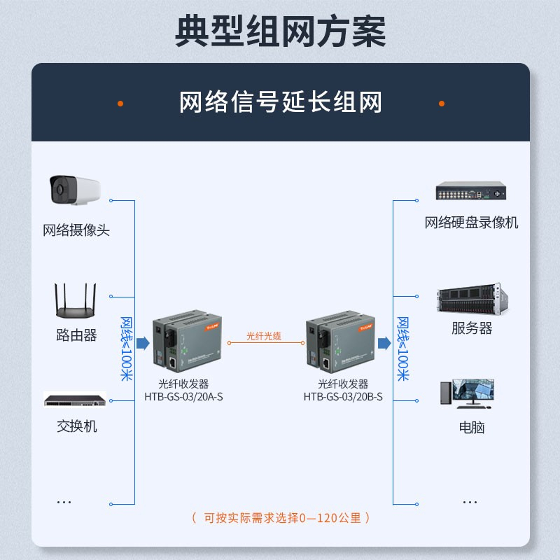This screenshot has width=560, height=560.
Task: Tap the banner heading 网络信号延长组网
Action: [x=280, y=103]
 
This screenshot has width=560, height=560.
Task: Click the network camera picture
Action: [x=73, y=190]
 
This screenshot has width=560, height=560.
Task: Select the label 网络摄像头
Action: [x=76, y=230]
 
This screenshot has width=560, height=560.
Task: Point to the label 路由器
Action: [x=76, y=335]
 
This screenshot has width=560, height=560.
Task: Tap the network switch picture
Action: [x=75, y=400]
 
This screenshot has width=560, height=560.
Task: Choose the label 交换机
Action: [x=76, y=426]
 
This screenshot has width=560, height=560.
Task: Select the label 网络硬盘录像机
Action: [x=471, y=223]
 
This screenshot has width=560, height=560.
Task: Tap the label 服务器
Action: [x=471, y=328]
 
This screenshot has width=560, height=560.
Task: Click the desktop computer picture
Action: [x=467, y=393]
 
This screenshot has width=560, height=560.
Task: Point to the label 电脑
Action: [x=471, y=427]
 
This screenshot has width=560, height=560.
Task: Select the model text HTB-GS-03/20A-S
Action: [x=183, y=397]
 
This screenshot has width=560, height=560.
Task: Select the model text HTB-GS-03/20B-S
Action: [x=343, y=397]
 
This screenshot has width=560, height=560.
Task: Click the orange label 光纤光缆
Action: [x=264, y=337]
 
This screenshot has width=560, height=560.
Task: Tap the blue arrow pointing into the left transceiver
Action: [x=143, y=342]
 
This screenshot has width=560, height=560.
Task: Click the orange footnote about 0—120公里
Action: [x=280, y=518]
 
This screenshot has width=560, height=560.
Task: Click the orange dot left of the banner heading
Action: [x=120, y=103]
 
